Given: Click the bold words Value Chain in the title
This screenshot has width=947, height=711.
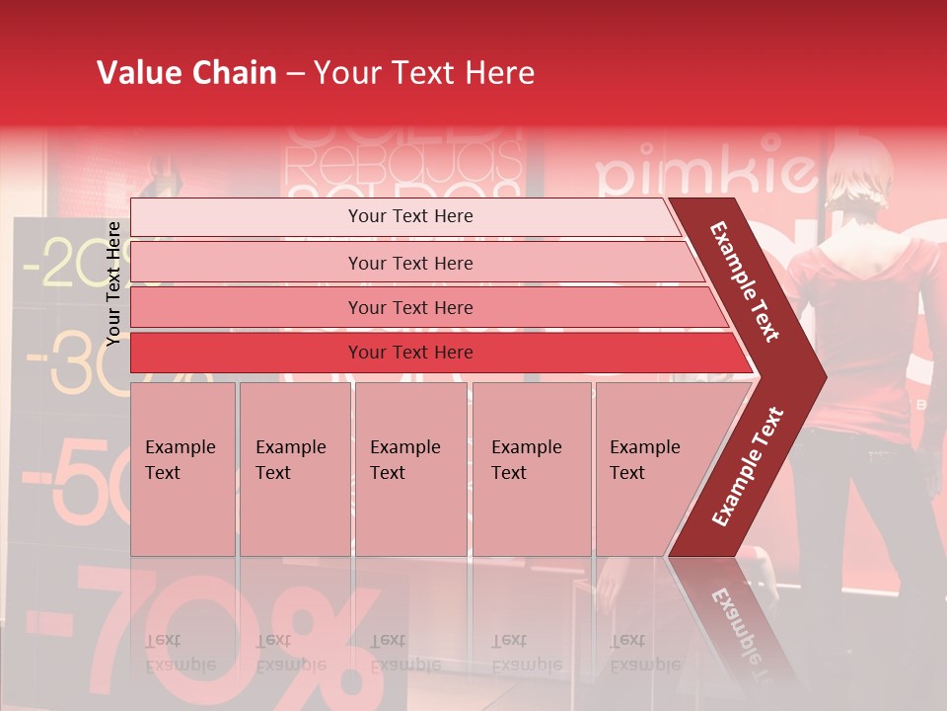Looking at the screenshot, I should click(x=186, y=73).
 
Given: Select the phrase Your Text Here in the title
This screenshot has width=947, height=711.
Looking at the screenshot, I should click(x=424, y=73).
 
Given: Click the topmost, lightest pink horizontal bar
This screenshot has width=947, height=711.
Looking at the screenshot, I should click(x=404, y=216).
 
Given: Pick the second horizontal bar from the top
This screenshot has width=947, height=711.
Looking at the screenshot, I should click(x=414, y=263).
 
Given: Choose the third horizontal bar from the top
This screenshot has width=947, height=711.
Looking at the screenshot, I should click(x=424, y=307).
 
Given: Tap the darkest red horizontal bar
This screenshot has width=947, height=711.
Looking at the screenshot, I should click(x=434, y=353).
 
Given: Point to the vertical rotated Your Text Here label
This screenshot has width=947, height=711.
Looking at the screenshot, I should click(x=114, y=283).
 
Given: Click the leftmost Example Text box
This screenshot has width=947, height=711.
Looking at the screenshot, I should click(x=182, y=469).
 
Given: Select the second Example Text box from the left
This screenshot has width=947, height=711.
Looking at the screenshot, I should click(x=295, y=469).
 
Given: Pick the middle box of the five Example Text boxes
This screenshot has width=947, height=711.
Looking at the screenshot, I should click(x=410, y=469).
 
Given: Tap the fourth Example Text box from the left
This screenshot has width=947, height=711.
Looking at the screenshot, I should click(x=532, y=469).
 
